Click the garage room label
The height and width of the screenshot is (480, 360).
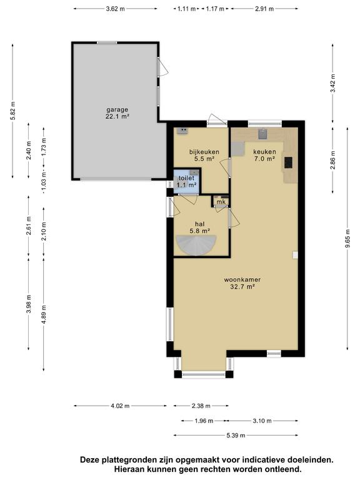[x=117, y=113]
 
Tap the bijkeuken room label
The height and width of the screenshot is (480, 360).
[x=204, y=155]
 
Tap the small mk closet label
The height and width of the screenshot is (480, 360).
[x=221, y=202]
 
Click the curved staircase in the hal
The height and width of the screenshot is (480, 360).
[x=196, y=244]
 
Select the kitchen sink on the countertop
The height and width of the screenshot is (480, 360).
[x=263, y=134]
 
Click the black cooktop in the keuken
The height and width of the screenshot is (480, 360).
[x=288, y=162]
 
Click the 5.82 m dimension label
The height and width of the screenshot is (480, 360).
[x=13, y=111]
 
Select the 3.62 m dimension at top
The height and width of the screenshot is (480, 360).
[x=116, y=9]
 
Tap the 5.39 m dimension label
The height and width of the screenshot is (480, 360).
[x=236, y=435]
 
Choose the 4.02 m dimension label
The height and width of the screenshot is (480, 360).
[x=120, y=406]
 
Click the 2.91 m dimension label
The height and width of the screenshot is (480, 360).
[x=264, y=9]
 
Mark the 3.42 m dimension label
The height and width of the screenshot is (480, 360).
[x=333, y=83]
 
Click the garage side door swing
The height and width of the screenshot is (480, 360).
[x=163, y=67]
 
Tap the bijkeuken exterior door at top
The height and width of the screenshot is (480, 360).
[x=217, y=119]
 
